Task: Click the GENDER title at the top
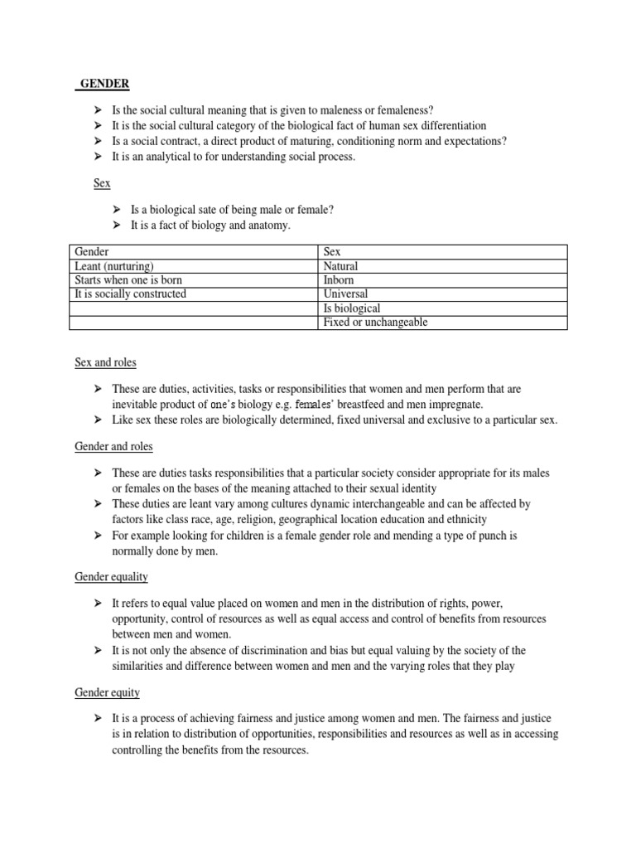pyautogui.click(x=104, y=84)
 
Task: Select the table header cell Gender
pyautogui.click(x=92, y=251)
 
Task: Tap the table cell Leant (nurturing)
pyautogui.click(x=114, y=266)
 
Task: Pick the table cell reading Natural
pyautogui.click(x=341, y=266)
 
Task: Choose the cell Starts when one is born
pyautogui.click(x=128, y=280)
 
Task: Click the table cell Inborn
pyautogui.click(x=340, y=280)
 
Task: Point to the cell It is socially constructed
pyautogui.click(x=131, y=294)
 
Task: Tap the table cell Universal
pyautogui.click(x=346, y=294)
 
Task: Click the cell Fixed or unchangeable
pyautogui.click(x=376, y=323)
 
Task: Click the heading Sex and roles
pyautogui.click(x=105, y=362)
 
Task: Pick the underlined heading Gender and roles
pyautogui.click(x=113, y=446)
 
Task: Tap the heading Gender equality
pyautogui.click(x=112, y=576)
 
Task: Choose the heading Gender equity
pyautogui.click(x=107, y=691)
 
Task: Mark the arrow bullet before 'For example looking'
pyautogui.click(x=99, y=536)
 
